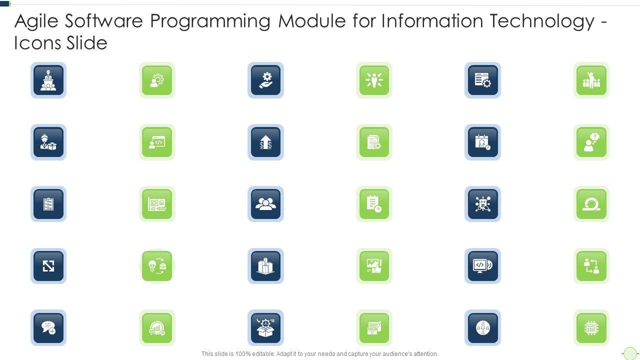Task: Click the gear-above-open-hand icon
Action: pos(265,80)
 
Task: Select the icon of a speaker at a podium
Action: pos(48,80)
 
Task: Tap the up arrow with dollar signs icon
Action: pos(265,142)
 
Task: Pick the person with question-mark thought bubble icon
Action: pos(591,142)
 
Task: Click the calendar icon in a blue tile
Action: pos(482,142)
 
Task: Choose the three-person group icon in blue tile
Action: pos(265,204)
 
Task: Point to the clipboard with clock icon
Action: pos(374,204)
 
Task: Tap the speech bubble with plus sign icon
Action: pos(48,328)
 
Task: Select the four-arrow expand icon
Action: pos(48,266)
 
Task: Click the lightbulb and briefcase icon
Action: pos(157,266)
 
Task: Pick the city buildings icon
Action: pos(265,266)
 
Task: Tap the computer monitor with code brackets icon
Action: pos(482,266)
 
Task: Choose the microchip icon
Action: pos(591,328)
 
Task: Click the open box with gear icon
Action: pos(265,328)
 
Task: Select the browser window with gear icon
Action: pos(482,80)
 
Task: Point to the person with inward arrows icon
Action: pos(374,80)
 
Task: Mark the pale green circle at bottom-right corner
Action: pos(630,353)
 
